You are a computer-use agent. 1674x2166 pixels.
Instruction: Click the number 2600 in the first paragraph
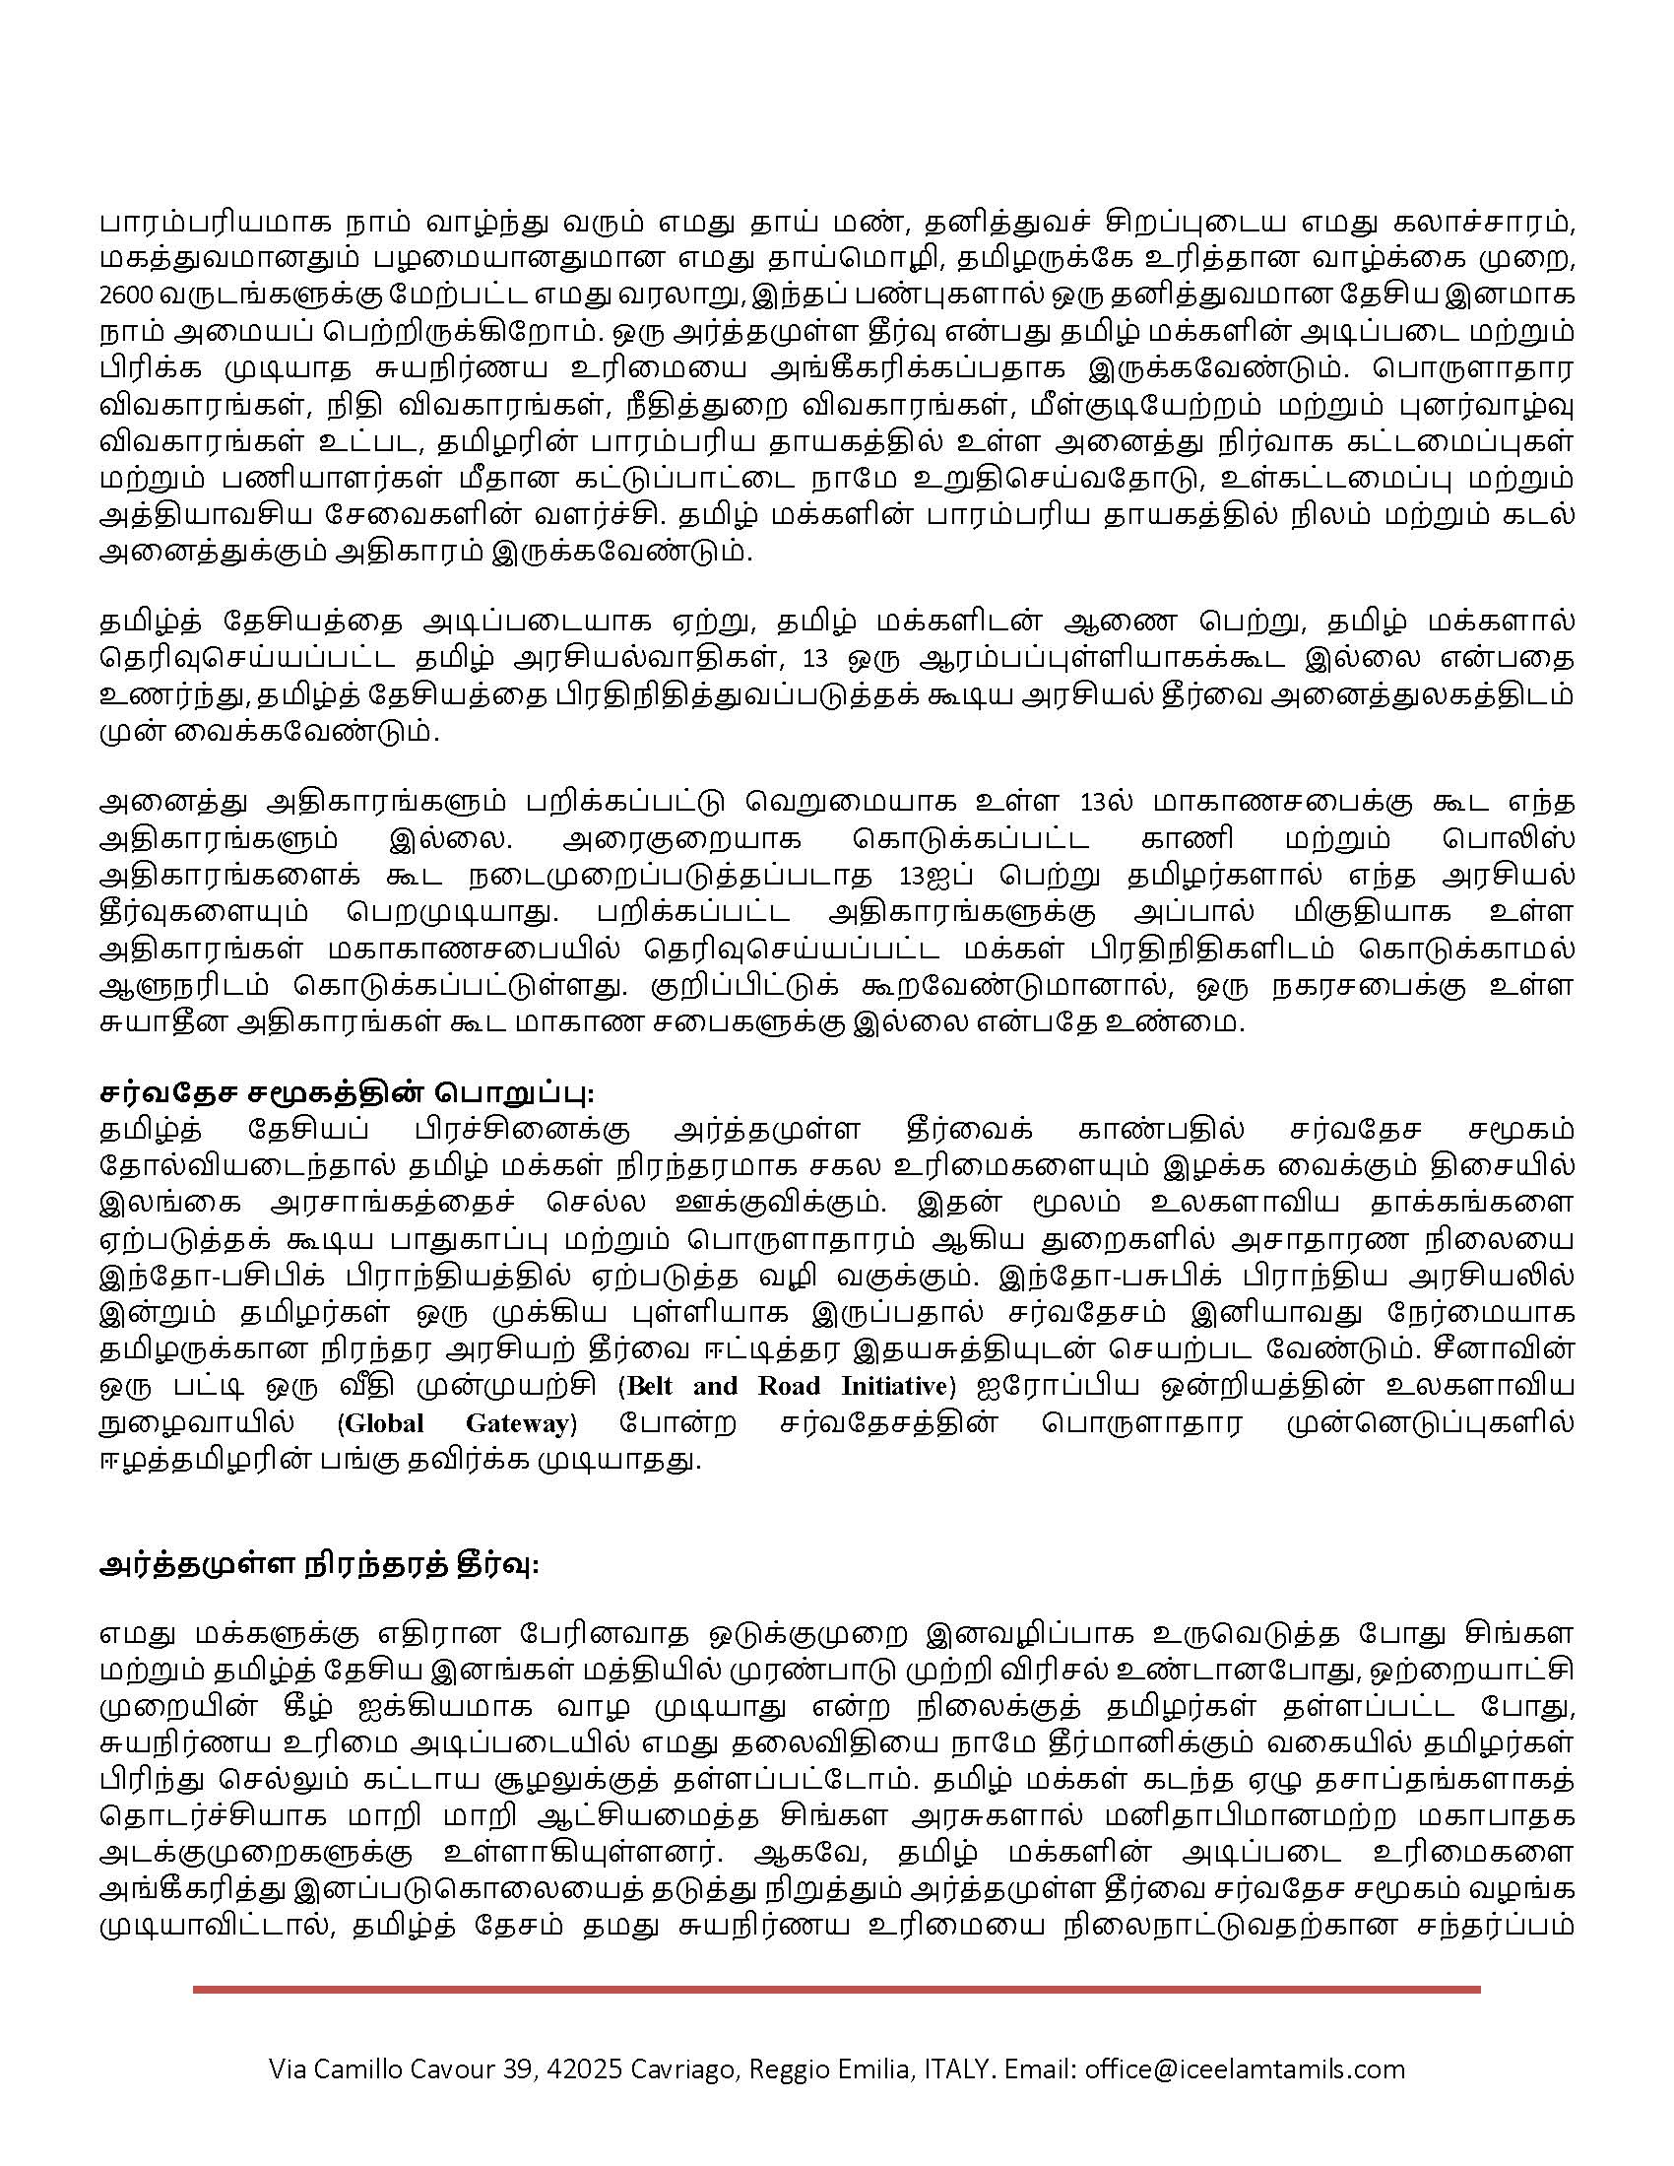pyautogui.click(x=120, y=296)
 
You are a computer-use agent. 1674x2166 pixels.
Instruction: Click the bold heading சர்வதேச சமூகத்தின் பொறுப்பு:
pyautogui.click(x=347, y=1092)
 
